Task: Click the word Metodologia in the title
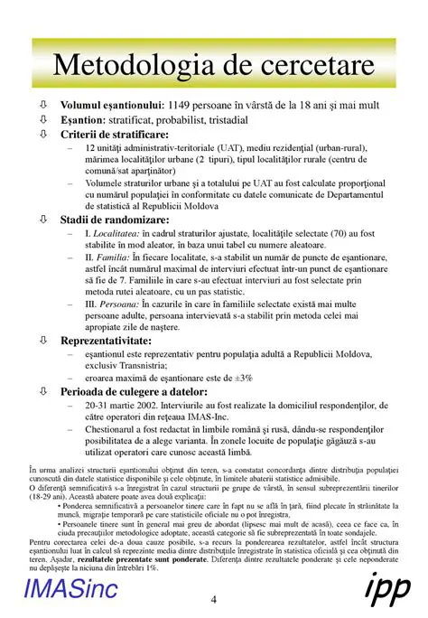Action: click(124, 65)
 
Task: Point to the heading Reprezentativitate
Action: click(112, 341)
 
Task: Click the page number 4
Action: click(213, 601)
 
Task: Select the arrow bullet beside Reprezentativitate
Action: click(43, 341)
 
